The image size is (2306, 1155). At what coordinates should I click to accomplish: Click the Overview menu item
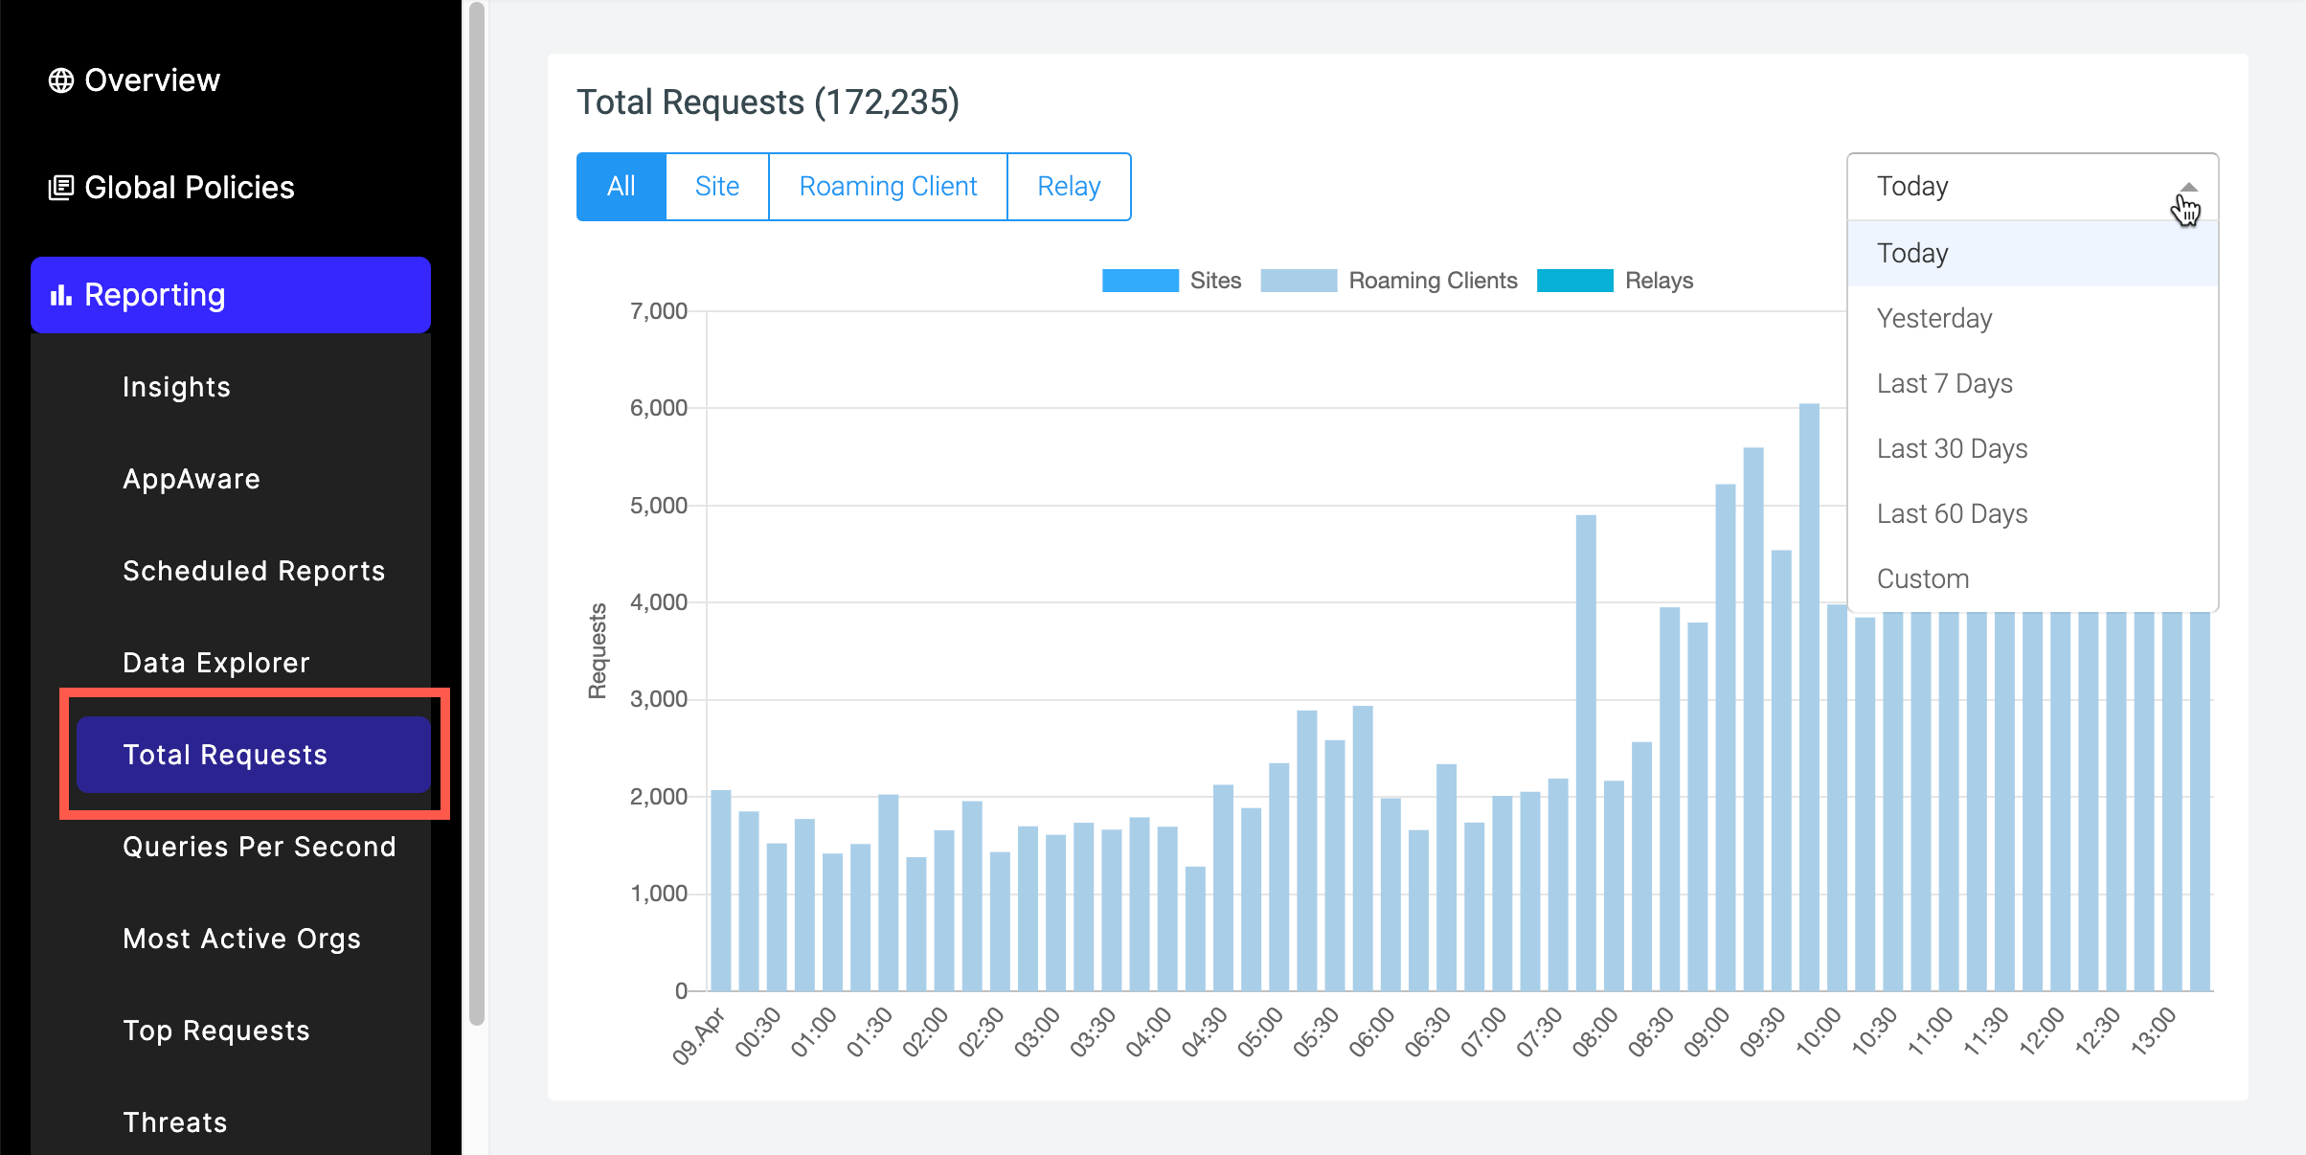coord(134,80)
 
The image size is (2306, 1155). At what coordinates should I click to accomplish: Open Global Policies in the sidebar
coord(172,188)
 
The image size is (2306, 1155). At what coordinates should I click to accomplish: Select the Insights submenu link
coord(176,387)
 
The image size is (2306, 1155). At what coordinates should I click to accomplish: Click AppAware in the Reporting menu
coord(192,479)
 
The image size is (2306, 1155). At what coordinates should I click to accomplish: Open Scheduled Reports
coord(254,571)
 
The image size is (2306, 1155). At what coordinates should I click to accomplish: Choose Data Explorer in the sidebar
coord(216,663)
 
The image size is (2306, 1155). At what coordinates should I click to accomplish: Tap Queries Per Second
coord(259,847)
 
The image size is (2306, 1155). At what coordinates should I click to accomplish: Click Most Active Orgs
coord(241,939)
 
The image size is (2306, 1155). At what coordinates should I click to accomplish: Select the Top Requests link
coord(216,1030)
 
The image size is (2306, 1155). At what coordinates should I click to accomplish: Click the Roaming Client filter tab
coord(888,187)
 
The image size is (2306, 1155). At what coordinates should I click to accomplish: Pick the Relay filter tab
coord(1069,187)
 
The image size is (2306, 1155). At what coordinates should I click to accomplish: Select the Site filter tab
coord(716,187)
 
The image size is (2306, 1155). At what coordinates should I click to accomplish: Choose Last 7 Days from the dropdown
coord(1944,384)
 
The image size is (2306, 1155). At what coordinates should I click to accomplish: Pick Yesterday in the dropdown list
coord(1933,319)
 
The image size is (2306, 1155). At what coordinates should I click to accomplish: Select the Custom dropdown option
coord(1922,579)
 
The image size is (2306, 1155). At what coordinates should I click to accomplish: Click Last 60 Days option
coord(1952,514)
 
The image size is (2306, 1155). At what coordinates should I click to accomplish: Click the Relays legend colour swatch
coord(1574,281)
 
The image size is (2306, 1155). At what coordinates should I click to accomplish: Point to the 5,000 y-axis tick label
coord(659,506)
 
